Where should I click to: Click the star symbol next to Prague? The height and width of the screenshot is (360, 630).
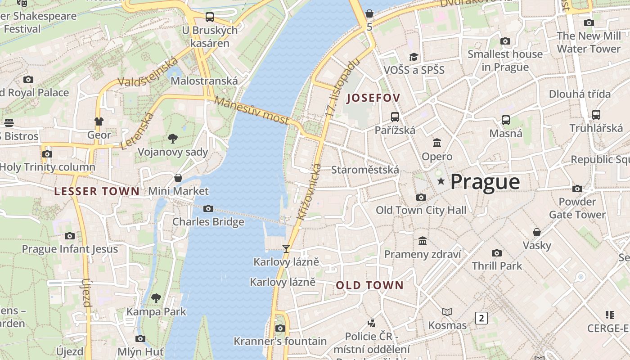click(x=441, y=181)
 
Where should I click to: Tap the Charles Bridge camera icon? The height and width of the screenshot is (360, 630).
click(x=208, y=208)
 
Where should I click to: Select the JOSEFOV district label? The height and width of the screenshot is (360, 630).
click(x=373, y=98)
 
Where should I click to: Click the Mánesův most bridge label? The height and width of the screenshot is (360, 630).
click(x=251, y=111)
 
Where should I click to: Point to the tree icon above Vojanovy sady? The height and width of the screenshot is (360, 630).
click(x=172, y=138)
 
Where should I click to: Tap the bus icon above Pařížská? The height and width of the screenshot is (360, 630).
click(x=395, y=117)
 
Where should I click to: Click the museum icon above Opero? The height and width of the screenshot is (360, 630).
click(x=436, y=143)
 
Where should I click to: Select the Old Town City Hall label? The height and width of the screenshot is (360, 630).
click(x=421, y=210)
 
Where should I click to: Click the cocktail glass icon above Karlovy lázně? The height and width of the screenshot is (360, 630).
click(x=286, y=248)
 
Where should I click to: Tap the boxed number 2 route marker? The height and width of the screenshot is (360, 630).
click(x=481, y=318)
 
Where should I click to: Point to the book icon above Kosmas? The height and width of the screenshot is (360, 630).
click(x=447, y=312)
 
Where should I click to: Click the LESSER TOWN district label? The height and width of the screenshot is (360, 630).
click(x=97, y=191)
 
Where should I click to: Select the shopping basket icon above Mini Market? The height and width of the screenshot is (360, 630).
click(x=178, y=178)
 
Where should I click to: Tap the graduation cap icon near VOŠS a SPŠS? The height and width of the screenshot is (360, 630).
click(x=414, y=57)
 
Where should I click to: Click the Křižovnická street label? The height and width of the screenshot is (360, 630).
click(x=309, y=192)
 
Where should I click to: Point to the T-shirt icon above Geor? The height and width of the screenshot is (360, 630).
click(x=99, y=121)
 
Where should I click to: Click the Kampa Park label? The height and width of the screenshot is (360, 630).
click(x=156, y=311)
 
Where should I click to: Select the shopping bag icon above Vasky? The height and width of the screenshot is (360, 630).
click(x=536, y=232)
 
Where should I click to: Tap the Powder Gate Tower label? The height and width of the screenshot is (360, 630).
click(x=577, y=208)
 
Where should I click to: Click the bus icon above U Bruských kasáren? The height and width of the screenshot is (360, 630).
click(x=209, y=17)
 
